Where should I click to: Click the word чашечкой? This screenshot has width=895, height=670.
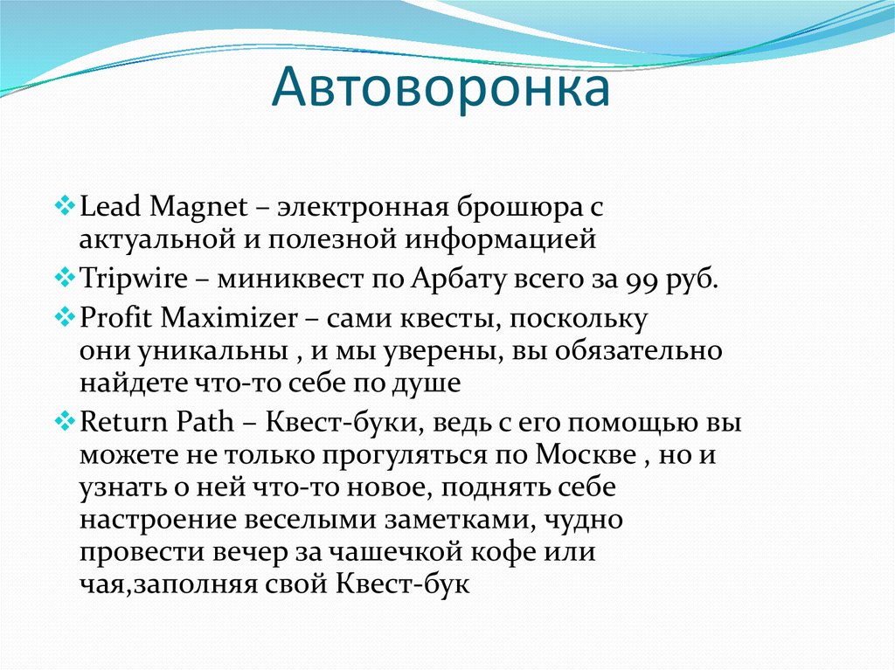420,553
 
